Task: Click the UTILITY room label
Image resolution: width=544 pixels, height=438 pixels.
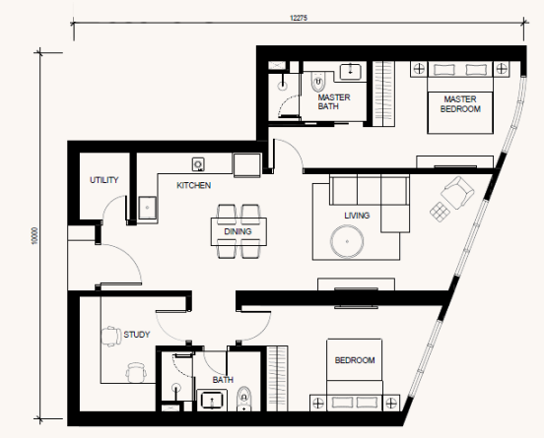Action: coord(104,180)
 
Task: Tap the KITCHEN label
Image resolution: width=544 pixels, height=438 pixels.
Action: coord(193,185)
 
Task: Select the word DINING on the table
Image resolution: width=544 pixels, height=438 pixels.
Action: coord(238,231)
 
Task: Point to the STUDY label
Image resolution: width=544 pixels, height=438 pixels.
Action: coord(137,335)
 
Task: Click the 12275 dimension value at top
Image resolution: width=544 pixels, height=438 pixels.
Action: coord(299,18)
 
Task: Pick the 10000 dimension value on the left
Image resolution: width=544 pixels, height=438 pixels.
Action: coord(34,235)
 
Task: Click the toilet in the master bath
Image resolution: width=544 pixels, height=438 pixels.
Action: coord(317,82)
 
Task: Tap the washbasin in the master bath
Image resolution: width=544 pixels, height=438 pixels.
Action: coord(350,72)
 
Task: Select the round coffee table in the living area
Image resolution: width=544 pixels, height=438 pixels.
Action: coord(347,241)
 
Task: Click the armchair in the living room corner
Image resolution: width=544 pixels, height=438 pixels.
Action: coord(457,193)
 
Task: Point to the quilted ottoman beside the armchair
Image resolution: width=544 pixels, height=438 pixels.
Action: coord(440,212)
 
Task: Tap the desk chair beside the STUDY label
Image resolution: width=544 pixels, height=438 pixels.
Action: coord(111,336)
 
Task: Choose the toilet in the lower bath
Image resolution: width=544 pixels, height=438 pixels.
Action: coord(244,399)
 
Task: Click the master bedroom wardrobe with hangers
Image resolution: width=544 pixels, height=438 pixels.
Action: coord(383,94)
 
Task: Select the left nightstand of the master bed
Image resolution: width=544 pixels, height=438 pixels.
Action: coord(419,69)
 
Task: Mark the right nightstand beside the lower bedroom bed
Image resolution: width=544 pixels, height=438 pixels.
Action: coord(391,403)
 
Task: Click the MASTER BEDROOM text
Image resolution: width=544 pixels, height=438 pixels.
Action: coord(460,104)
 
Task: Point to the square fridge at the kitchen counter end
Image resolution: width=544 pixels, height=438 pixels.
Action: coord(247,165)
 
